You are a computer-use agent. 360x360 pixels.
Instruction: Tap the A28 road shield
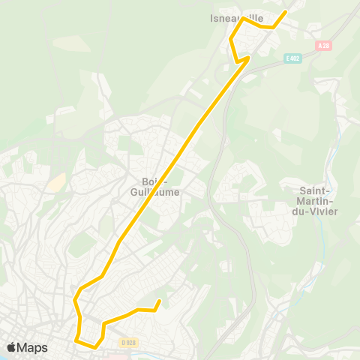click(323, 46)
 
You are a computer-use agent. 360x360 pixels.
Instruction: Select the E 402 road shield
click(292, 58)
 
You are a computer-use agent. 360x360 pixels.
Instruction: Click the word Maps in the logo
click(32, 347)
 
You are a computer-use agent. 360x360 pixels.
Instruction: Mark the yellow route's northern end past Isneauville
click(286, 11)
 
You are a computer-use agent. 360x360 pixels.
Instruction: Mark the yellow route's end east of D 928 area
click(159, 301)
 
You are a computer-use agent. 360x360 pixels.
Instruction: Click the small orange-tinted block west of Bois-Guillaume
click(55, 181)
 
